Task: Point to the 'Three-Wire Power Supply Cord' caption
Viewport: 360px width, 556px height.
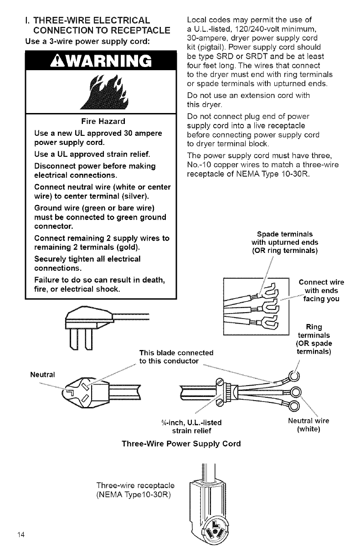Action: point(180,443)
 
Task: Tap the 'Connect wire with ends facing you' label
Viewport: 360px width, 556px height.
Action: point(318,290)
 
